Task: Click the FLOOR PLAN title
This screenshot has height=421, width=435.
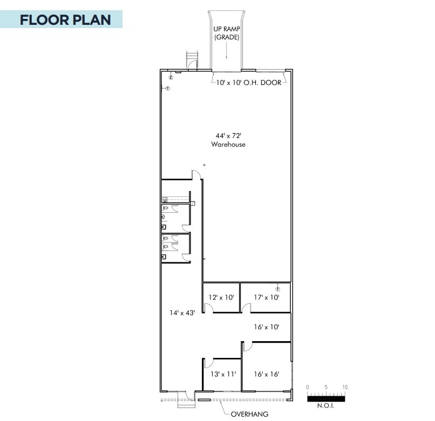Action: (x=65, y=20)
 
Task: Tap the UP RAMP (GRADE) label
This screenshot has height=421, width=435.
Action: (x=227, y=33)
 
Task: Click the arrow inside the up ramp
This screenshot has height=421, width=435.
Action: (x=227, y=52)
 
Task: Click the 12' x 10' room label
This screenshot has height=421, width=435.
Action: (x=222, y=297)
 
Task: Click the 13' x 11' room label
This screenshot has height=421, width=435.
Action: (x=222, y=374)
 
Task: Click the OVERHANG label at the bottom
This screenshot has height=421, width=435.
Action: (x=249, y=414)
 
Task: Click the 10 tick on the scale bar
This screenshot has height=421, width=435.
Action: (x=344, y=387)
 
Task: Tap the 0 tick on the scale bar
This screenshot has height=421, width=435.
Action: (x=308, y=387)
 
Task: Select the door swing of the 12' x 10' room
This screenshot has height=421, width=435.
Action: (x=210, y=308)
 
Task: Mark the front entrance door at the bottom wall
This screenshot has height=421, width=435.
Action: (x=187, y=396)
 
